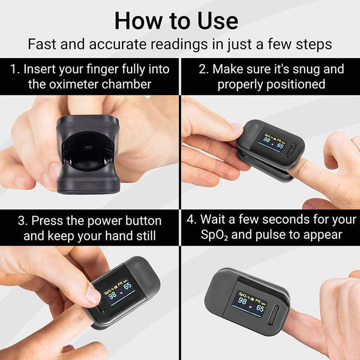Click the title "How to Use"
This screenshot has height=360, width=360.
tap(176, 21)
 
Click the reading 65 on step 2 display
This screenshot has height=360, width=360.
tap(280, 146)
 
